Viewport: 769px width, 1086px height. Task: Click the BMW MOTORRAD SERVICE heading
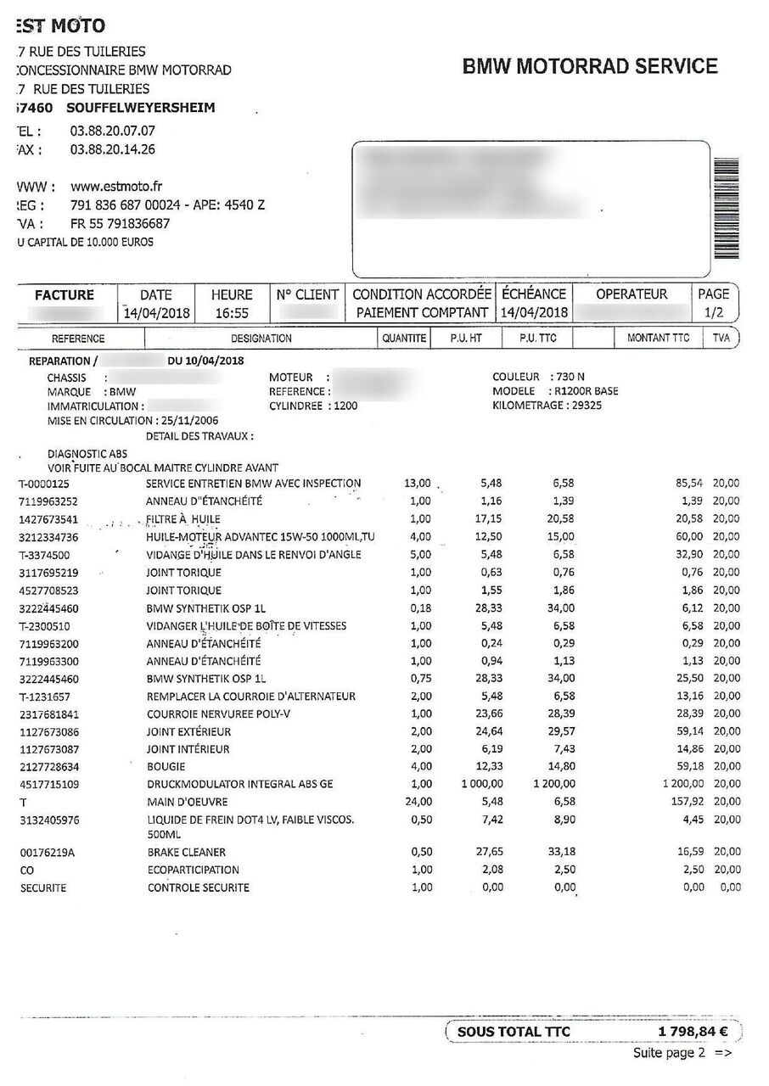(589, 67)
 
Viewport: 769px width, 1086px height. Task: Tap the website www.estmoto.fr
(116, 187)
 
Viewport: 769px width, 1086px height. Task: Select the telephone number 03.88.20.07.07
(112, 132)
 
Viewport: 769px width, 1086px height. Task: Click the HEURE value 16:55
(232, 312)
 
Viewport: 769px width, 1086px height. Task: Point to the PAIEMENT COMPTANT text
(422, 312)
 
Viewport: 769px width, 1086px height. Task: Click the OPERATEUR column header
(631, 294)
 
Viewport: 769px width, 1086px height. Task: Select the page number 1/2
(713, 312)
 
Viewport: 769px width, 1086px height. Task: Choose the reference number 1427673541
(49, 519)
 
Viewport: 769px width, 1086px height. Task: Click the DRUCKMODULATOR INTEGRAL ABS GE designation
(239, 784)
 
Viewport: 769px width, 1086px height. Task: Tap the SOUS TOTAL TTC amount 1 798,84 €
(693, 1032)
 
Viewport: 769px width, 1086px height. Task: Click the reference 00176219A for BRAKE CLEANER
(47, 852)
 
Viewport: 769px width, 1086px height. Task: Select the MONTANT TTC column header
(659, 338)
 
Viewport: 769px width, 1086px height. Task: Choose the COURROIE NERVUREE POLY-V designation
(218, 714)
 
